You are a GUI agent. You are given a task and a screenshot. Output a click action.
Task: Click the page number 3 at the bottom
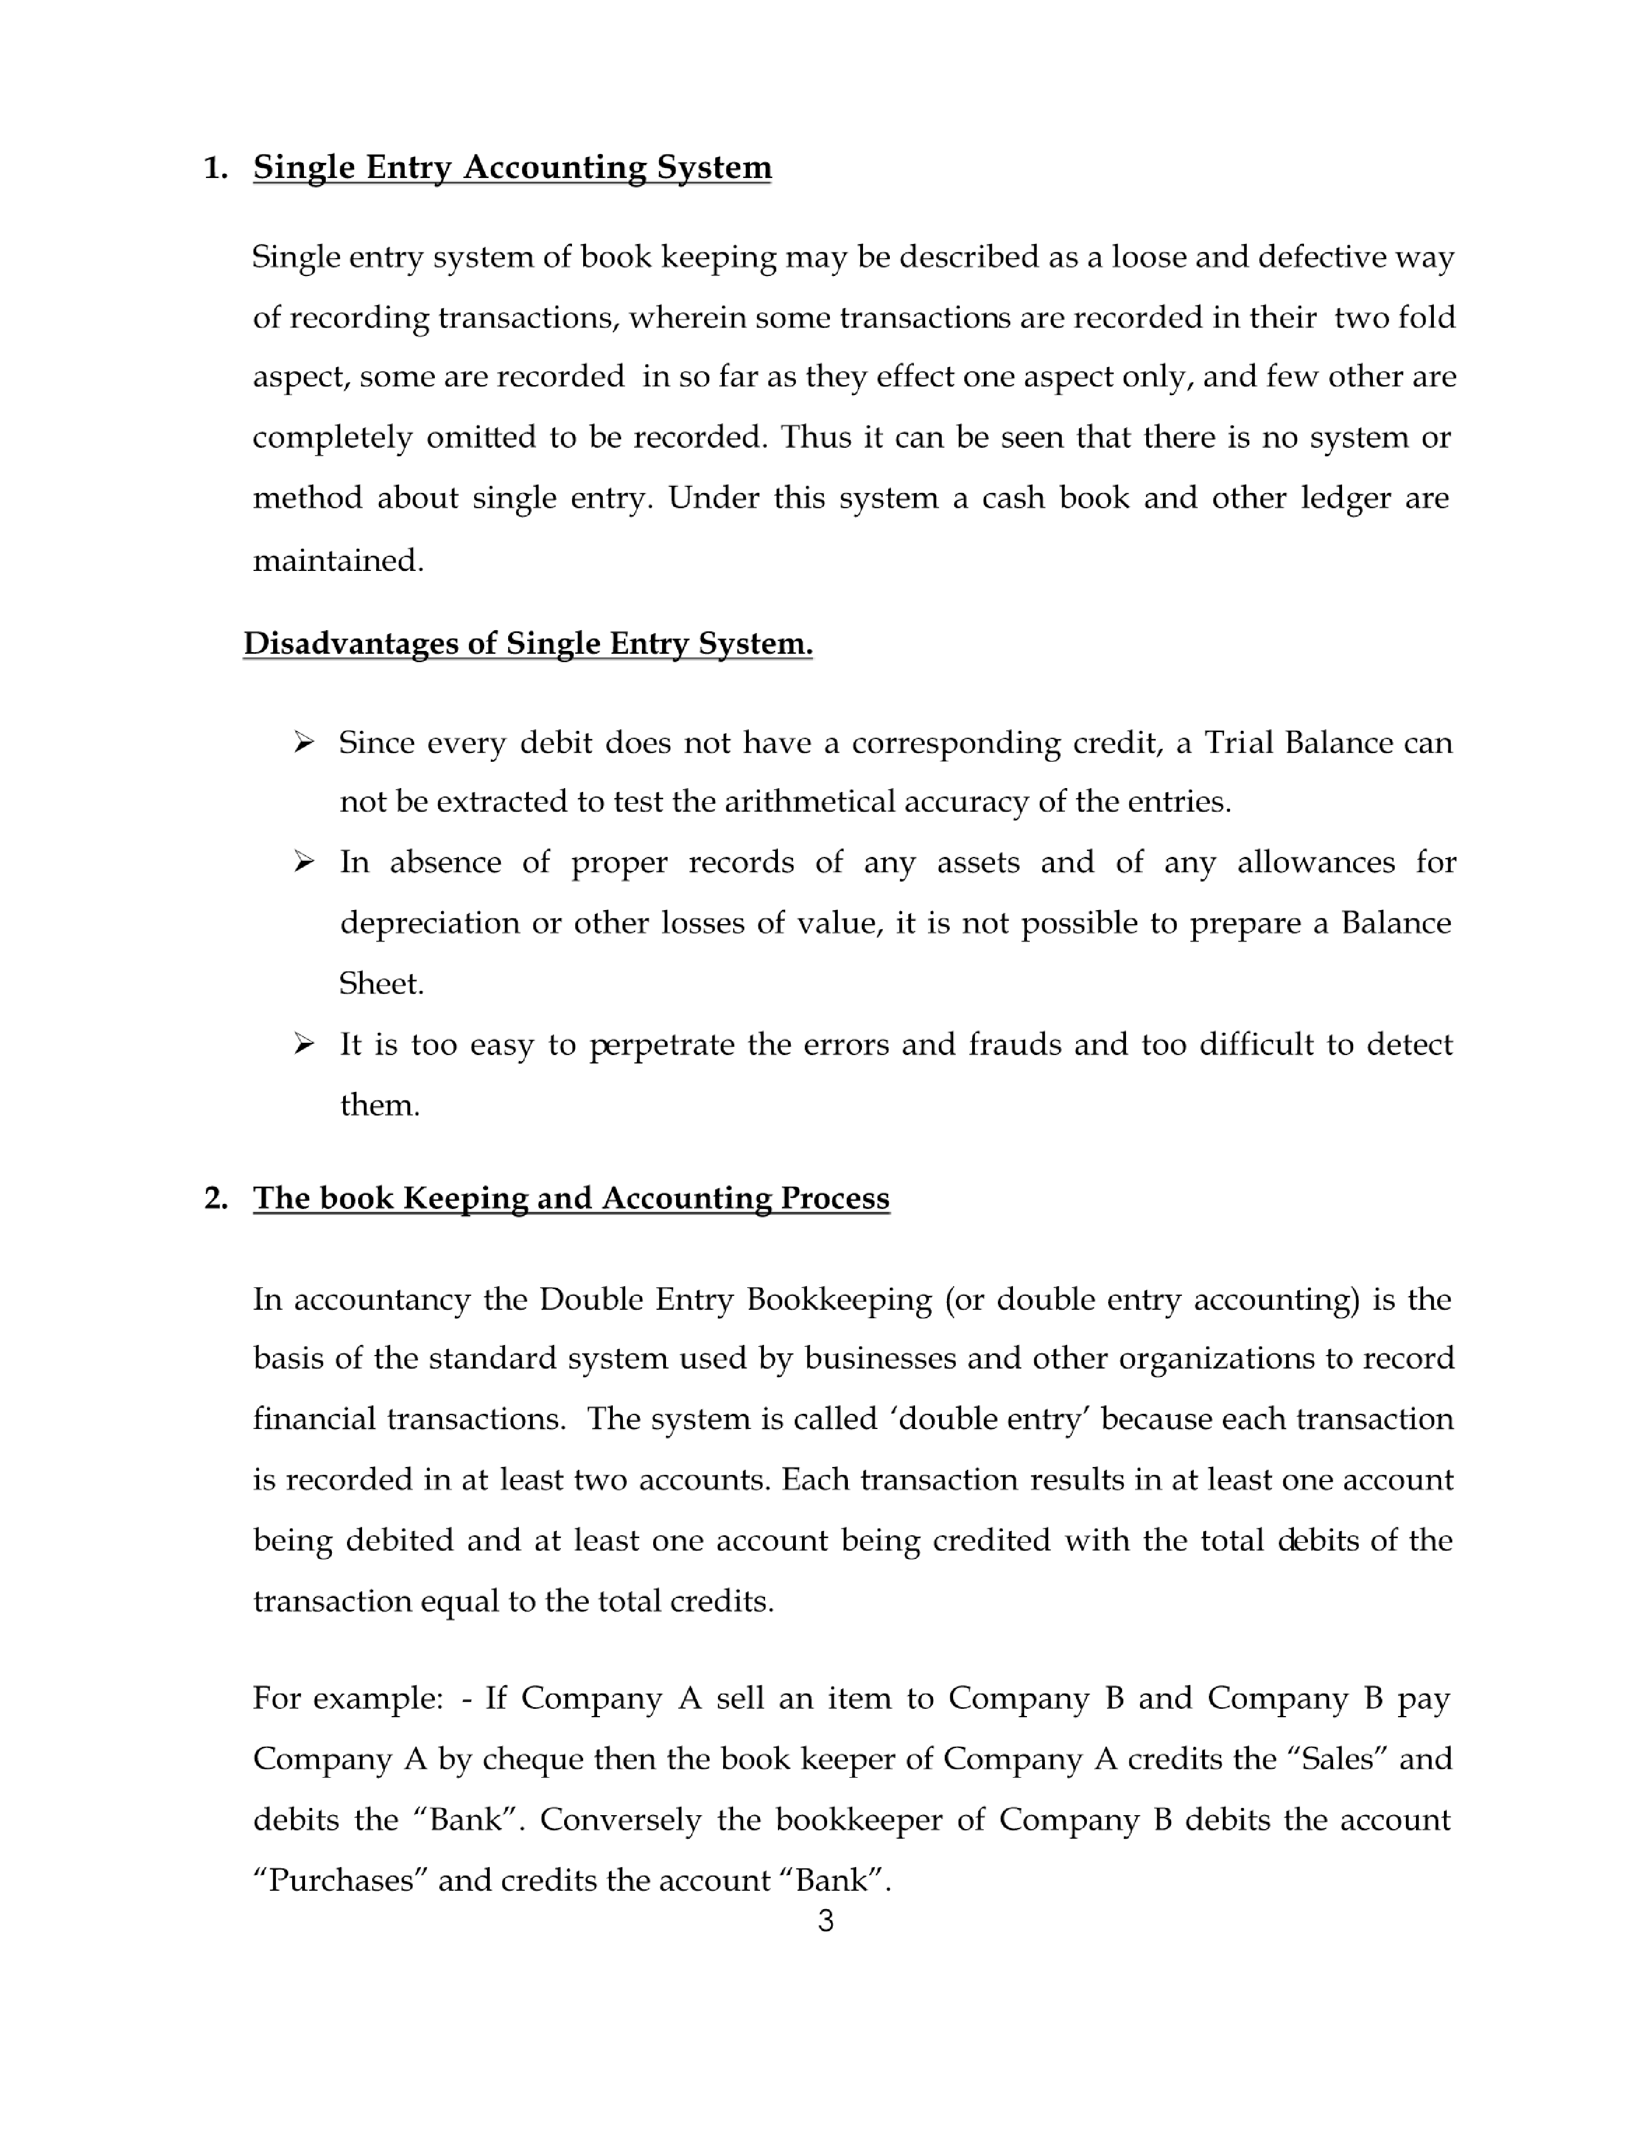point(825,1921)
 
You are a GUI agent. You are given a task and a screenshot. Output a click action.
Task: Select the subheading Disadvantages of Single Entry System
point(528,643)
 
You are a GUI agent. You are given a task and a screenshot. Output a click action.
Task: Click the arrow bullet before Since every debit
point(303,743)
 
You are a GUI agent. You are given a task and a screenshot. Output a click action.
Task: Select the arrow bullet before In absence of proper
point(303,862)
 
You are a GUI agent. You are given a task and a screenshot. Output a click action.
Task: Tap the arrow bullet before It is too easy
point(303,1044)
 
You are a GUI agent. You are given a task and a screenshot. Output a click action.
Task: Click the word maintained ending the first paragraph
point(337,561)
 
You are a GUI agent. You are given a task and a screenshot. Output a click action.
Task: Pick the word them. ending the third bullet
point(379,1105)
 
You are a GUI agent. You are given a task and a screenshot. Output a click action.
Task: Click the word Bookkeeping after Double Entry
point(839,1300)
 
